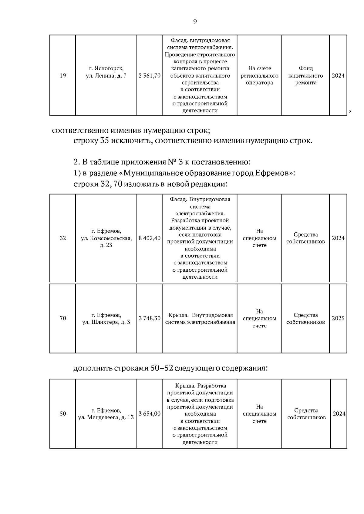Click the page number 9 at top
195,22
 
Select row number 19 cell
63,76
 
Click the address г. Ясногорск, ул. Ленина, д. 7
106,72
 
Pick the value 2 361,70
150,76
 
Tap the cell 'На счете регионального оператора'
259,76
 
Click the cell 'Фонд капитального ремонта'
305,76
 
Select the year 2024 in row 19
338,76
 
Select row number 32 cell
63,238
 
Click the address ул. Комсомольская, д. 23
106,238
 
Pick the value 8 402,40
150,238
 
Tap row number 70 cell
63,318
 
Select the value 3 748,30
150,318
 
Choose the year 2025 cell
338,318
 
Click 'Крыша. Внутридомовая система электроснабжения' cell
200,319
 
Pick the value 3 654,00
150,414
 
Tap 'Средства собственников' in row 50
306,414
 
